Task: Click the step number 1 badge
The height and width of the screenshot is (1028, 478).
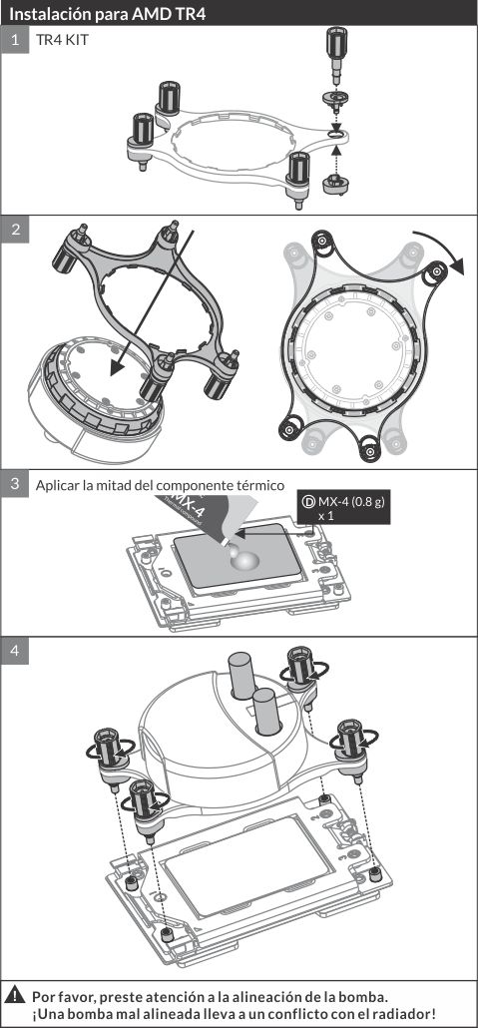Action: click(x=14, y=39)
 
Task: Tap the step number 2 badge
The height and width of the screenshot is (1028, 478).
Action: click(x=14, y=230)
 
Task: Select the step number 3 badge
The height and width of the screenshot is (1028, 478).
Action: click(x=14, y=484)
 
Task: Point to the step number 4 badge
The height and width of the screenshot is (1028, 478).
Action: click(x=14, y=651)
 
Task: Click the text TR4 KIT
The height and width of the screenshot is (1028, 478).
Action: click(x=62, y=40)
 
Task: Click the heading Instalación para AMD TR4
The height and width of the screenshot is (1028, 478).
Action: click(x=108, y=13)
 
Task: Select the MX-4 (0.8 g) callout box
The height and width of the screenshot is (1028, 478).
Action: click(x=343, y=507)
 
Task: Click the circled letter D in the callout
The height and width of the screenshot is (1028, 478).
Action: click(x=307, y=502)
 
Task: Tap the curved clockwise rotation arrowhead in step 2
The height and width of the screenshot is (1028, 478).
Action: click(x=457, y=265)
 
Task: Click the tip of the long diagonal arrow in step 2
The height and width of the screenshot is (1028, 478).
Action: click(x=112, y=375)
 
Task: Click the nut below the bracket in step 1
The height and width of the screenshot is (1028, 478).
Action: click(x=336, y=183)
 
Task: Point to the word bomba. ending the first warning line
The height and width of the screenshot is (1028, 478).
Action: click(x=366, y=997)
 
